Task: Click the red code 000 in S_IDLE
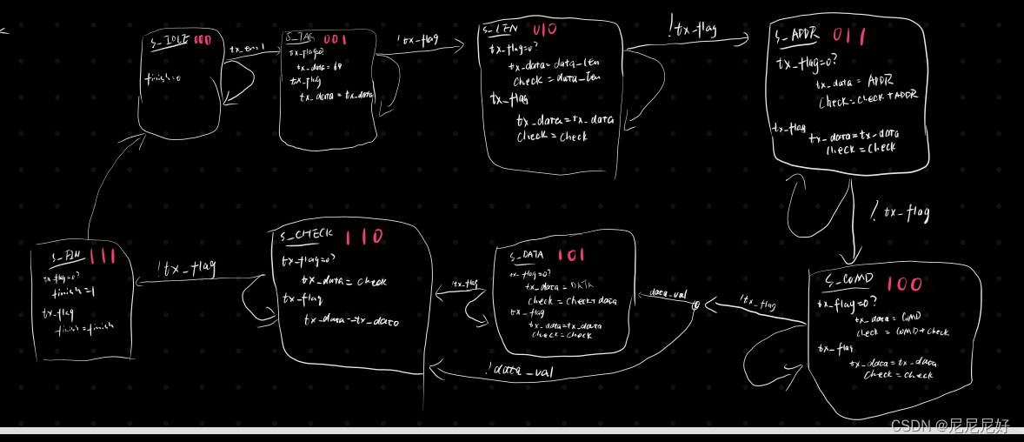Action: [x=203, y=40]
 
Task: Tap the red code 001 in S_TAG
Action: [x=335, y=39]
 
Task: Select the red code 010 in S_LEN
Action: [x=544, y=30]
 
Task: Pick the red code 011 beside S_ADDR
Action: [x=848, y=36]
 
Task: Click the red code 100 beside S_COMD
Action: [x=904, y=284]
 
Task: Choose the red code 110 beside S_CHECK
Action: [x=363, y=237]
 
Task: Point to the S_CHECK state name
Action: [x=307, y=236]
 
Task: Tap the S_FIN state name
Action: [x=66, y=256]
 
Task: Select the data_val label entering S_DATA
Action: [x=667, y=294]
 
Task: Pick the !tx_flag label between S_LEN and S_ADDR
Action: [x=693, y=30]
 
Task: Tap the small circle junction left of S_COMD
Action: [x=695, y=305]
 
